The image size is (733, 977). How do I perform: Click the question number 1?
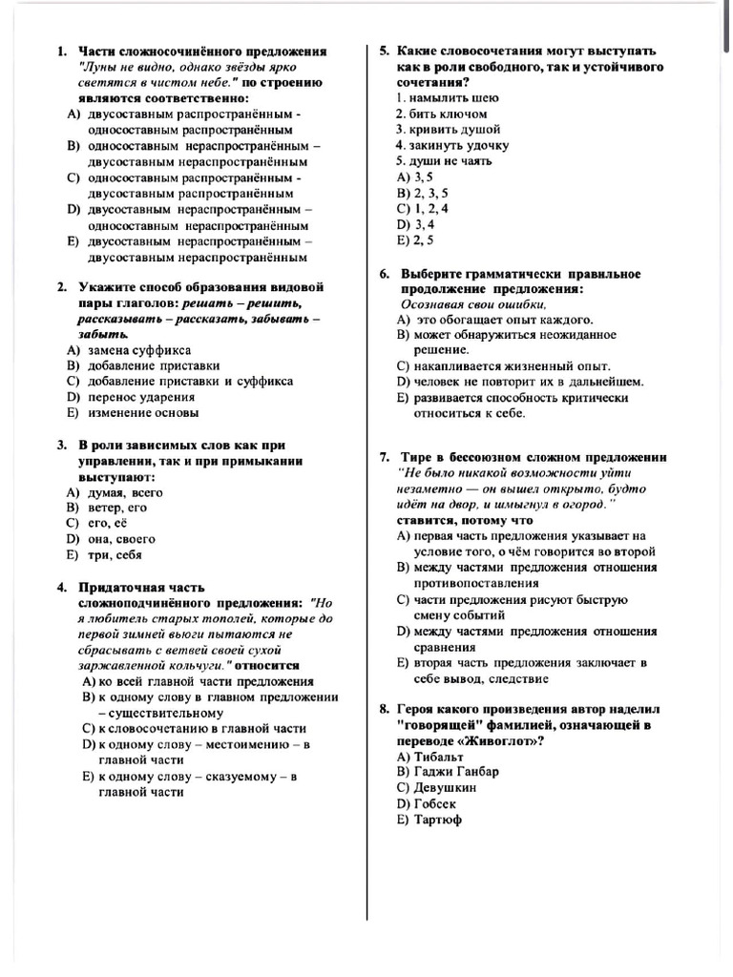pos(61,52)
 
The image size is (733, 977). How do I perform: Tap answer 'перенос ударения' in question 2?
pos(141,397)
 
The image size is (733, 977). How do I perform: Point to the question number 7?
pos(384,457)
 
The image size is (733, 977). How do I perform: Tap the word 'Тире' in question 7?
pos(416,457)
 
